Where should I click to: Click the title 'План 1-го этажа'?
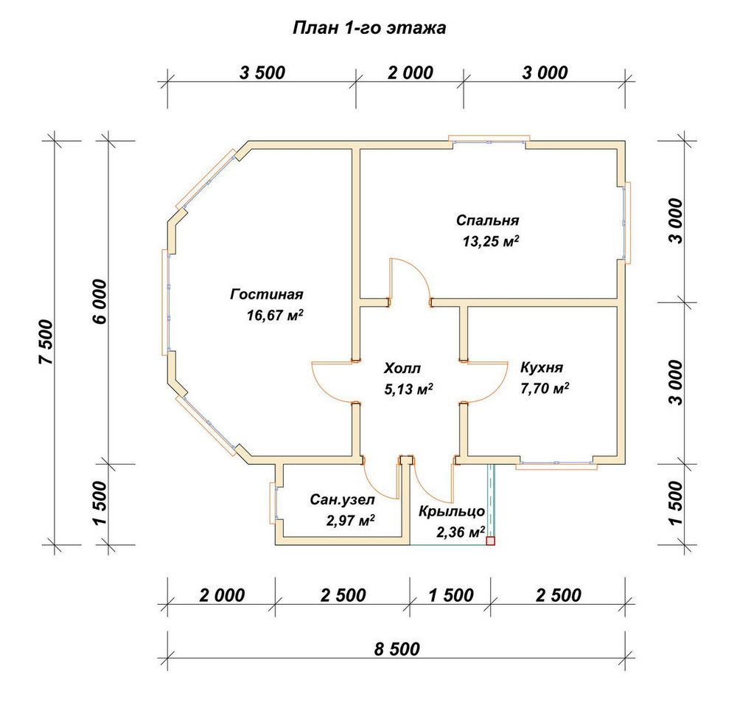[x=369, y=28]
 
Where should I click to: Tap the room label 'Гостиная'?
[x=267, y=295]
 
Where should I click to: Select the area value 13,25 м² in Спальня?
[x=491, y=241]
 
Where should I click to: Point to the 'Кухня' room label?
[x=542, y=367]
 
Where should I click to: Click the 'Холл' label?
[x=402, y=368]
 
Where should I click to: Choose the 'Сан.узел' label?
[x=342, y=500]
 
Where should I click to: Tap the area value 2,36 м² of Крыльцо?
[x=461, y=532]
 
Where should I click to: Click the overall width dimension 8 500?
[x=397, y=649]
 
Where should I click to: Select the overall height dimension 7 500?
[x=47, y=342]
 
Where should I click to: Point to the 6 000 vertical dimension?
[x=100, y=302]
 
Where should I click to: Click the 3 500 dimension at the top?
[x=262, y=73]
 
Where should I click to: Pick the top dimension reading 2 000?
[x=411, y=73]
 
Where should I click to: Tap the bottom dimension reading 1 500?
[x=451, y=595]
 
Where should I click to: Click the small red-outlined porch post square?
[x=490, y=541]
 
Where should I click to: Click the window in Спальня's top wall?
[x=489, y=139]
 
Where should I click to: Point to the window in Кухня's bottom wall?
[x=556, y=465]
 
